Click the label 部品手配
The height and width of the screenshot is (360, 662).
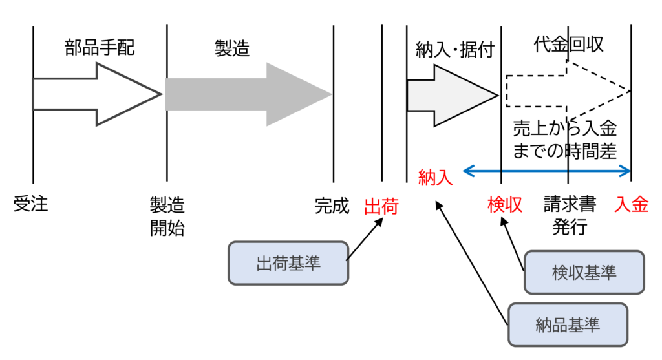(x=100, y=48)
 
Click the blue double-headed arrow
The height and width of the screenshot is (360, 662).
(x=547, y=171)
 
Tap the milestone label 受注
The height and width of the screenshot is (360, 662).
(x=31, y=206)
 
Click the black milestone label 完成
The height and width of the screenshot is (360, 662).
(x=332, y=206)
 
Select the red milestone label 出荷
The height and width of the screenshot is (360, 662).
(x=381, y=206)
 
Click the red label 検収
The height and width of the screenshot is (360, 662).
(x=504, y=206)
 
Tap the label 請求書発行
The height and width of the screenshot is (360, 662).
(x=569, y=216)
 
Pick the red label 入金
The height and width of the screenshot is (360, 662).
(x=632, y=206)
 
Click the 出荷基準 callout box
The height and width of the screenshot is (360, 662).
(x=288, y=264)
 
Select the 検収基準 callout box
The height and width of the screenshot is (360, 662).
(x=584, y=272)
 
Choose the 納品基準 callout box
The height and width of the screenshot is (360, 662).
(x=568, y=324)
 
